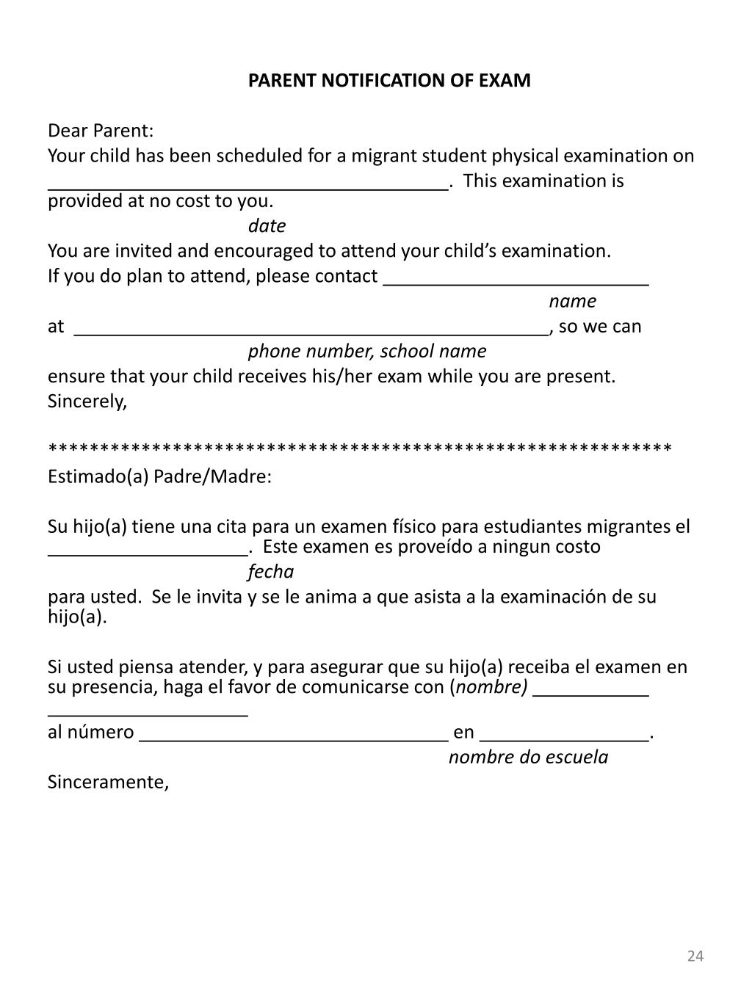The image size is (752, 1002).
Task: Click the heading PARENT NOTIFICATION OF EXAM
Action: click(388, 81)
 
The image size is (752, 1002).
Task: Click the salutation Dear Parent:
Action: click(101, 131)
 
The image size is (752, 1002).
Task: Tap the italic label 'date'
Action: click(267, 225)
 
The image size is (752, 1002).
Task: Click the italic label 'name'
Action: click(572, 301)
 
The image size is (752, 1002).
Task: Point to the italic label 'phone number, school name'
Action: click(366, 351)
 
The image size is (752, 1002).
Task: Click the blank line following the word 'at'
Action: click(311, 333)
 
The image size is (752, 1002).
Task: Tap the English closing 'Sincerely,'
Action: click(87, 402)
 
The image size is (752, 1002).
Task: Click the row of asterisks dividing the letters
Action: click(360, 447)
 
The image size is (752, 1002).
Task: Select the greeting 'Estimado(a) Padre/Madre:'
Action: click(159, 476)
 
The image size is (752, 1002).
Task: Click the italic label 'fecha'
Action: click(270, 571)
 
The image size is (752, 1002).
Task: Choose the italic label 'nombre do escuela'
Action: click(528, 757)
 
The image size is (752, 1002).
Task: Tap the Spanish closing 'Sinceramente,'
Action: click(108, 782)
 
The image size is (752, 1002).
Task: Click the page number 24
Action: click(695, 956)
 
